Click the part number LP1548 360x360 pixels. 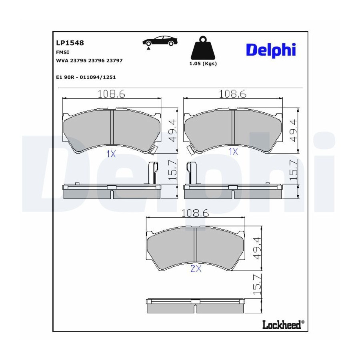70,43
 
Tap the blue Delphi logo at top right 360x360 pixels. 271,50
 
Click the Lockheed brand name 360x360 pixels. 282,325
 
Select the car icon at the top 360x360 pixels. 160,41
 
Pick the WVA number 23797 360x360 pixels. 114,60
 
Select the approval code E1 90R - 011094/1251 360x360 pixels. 86,77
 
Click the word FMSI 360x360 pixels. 62,52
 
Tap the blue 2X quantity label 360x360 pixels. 196,268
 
